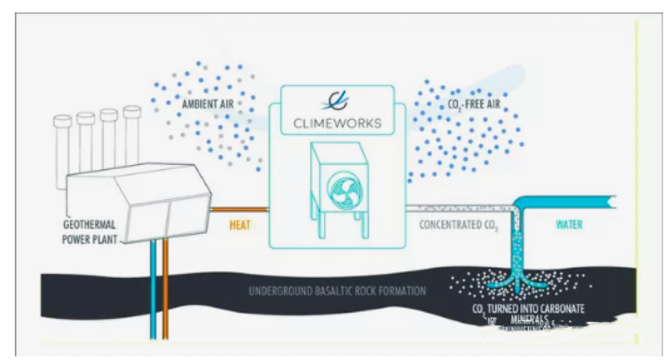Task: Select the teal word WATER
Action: pos(569,225)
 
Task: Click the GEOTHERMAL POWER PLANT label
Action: pos(90,232)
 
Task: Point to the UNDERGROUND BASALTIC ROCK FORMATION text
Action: pos(337,290)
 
